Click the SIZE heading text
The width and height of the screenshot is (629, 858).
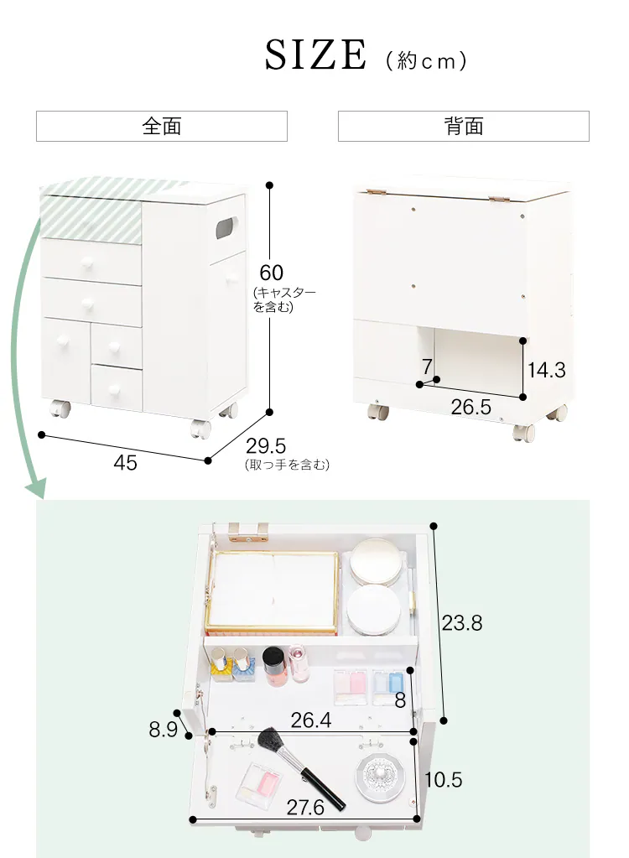click(316, 55)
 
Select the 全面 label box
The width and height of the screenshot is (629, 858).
click(162, 127)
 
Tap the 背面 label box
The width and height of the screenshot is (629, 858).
click(464, 127)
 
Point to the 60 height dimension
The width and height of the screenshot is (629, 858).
click(271, 273)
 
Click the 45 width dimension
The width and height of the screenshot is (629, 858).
click(125, 462)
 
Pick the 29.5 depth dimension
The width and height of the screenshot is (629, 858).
click(266, 446)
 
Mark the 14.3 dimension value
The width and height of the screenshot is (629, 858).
click(547, 370)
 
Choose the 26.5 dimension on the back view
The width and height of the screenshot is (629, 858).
click(470, 408)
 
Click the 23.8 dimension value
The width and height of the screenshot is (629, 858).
click(462, 623)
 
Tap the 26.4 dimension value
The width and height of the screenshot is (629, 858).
click(310, 720)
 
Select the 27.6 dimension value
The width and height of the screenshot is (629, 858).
click(305, 808)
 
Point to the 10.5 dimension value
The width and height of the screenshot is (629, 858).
click(444, 780)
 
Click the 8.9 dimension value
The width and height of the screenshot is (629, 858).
click(164, 730)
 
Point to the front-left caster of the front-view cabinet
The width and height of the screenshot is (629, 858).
click(60, 411)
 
